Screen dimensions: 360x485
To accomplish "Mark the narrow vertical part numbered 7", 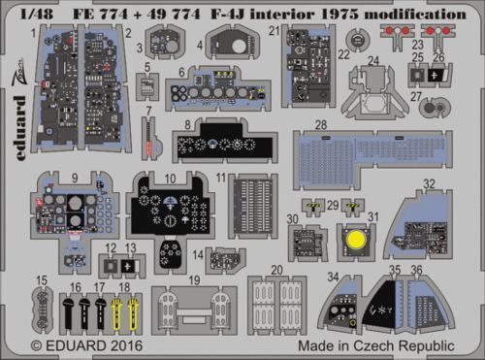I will click(147, 137).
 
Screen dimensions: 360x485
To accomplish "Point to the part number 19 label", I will click(194, 278).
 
